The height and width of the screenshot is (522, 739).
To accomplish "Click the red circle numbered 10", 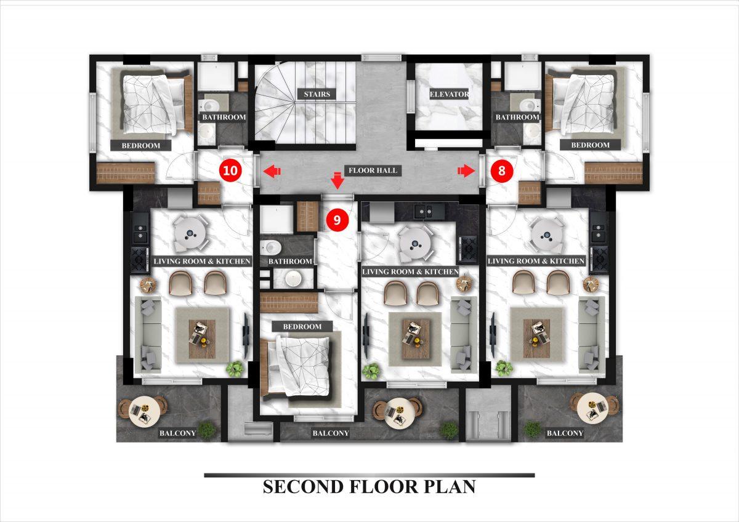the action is coord(230,171).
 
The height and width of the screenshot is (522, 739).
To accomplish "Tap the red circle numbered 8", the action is coord(501,171).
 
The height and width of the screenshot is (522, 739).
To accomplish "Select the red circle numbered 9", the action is coord(337,220).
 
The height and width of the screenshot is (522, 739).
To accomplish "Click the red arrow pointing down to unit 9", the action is coord(337,180).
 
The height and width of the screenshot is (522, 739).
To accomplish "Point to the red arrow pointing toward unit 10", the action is coord(272,171).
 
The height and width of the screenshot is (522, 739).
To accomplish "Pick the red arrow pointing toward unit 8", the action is coord(466,171).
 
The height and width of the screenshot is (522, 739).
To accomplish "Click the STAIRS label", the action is coord(317,94).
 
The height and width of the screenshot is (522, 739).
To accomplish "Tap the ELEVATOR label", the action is coord(450,94).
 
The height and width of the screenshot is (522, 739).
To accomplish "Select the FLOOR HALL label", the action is coord(373,171).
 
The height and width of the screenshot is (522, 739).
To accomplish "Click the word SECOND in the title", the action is coord(303,487).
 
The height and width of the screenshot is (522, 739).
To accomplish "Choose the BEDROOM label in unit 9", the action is coord(302,327).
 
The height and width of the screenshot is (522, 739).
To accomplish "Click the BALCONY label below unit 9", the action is coord(331,433).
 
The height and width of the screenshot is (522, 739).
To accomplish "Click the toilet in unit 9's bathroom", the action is coord(271,246).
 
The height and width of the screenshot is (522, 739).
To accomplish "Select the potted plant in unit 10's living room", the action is coord(235,369).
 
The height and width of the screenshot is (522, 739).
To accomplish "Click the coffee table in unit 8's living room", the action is coord(536,339).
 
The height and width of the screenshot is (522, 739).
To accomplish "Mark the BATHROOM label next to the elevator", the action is coord(517,117).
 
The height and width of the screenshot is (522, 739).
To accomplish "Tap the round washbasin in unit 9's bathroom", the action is coord(293,278).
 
